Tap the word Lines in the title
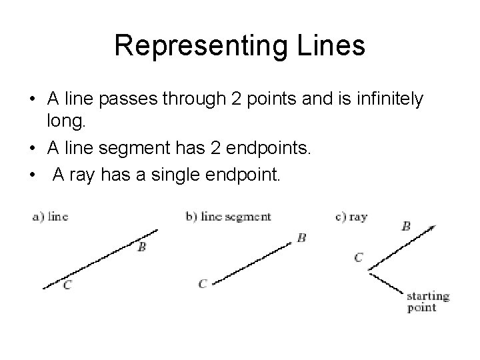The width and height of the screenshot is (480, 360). click(331, 46)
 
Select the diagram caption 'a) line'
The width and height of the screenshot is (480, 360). click(50, 216)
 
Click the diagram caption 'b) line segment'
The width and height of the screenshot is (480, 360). click(228, 216)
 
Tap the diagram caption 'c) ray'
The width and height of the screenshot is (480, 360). click(352, 216)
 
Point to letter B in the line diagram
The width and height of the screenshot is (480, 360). click(142, 247)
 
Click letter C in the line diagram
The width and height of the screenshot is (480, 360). click(67, 285)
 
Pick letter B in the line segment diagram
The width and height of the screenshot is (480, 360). click(301, 237)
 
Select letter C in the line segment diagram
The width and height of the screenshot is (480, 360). click(203, 283)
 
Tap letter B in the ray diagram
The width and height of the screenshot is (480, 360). click(405, 226)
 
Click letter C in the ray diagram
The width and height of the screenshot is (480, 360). click(359, 257)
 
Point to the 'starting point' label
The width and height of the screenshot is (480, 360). click(427, 301)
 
